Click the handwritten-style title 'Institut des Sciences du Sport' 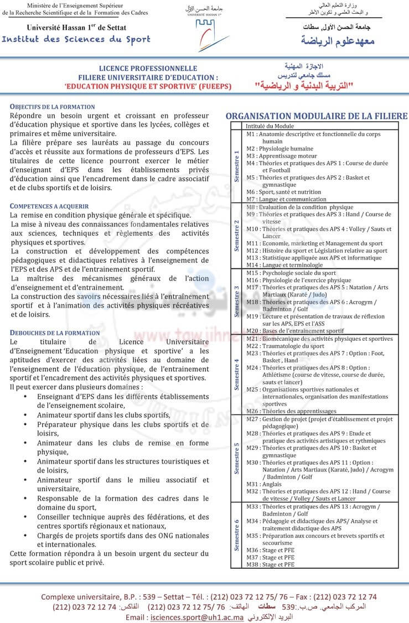76,39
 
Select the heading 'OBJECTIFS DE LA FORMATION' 53,107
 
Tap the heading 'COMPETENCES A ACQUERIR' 49,206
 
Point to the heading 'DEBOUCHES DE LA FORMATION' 55,333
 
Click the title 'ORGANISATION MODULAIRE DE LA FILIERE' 317,116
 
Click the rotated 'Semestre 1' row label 237,167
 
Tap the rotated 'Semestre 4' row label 237,375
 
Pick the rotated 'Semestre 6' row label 237,535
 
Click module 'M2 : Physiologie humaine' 280,149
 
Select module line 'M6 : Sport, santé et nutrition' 284,192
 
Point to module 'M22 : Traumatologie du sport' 286,346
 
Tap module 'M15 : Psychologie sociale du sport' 291,273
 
